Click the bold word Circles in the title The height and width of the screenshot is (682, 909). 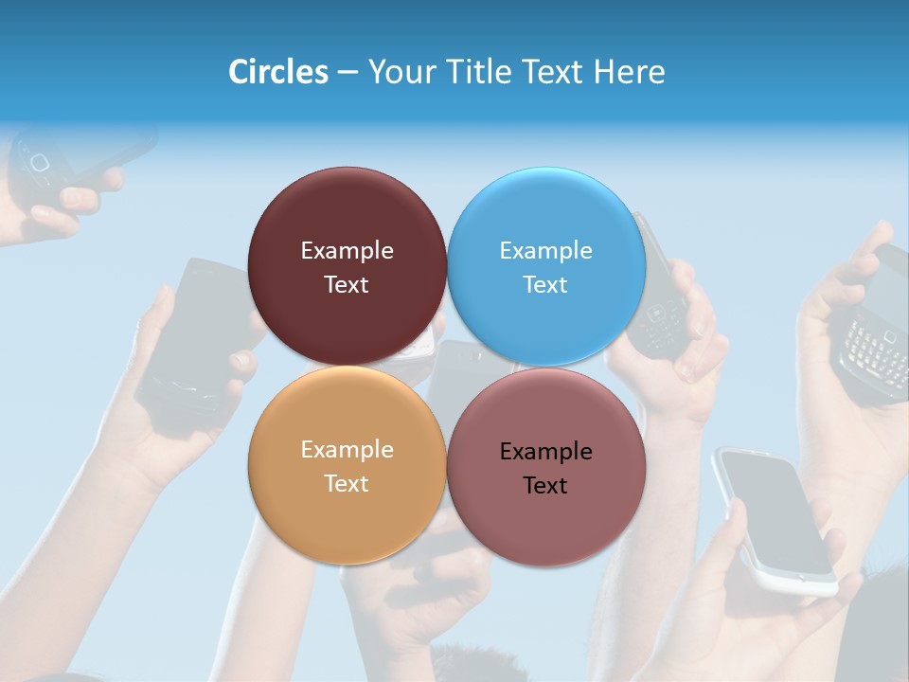point(277,72)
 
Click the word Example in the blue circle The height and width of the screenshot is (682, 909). point(546,250)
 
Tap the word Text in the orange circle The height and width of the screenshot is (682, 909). point(347,483)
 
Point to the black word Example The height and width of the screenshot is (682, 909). point(546,451)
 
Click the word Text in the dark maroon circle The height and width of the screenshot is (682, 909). point(347,284)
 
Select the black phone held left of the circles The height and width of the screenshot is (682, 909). point(194,341)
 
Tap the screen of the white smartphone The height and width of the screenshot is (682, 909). point(773,507)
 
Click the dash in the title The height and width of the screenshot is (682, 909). point(348,72)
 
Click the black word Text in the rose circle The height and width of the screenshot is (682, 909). point(544,485)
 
